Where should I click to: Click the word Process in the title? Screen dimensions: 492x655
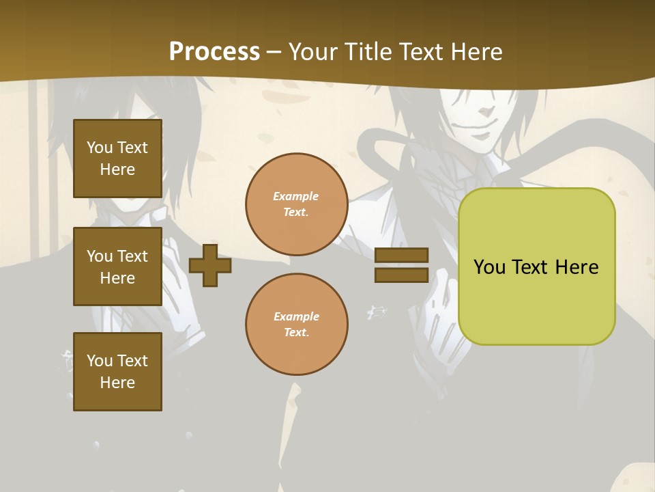pyautogui.click(x=214, y=52)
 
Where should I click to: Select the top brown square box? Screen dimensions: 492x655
pyautogui.click(x=117, y=159)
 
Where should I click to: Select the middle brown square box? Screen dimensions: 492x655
pyautogui.click(x=117, y=266)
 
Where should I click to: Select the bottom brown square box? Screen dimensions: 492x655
pyautogui.click(x=117, y=372)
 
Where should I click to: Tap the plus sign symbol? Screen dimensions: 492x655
pyautogui.click(x=210, y=265)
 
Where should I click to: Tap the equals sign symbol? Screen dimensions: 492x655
pyautogui.click(x=401, y=265)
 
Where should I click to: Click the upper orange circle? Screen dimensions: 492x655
pyautogui.click(x=297, y=204)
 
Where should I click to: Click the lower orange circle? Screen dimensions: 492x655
pyautogui.click(x=297, y=325)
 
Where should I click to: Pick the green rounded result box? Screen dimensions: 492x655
pyautogui.click(x=536, y=266)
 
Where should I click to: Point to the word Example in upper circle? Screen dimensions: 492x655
pyautogui.click(x=296, y=196)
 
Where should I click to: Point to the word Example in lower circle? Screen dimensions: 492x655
pyautogui.click(x=296, y=316)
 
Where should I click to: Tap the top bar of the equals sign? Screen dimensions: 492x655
pyautogui.click(x=401, y=255)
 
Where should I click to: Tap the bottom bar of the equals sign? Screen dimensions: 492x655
pyautogui.click(x=401, y=275)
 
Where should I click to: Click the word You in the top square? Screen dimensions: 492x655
pyautogui.click(x=99, y=148)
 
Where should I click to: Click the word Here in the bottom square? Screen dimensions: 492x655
pyautogui.click(x=117, y=383)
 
